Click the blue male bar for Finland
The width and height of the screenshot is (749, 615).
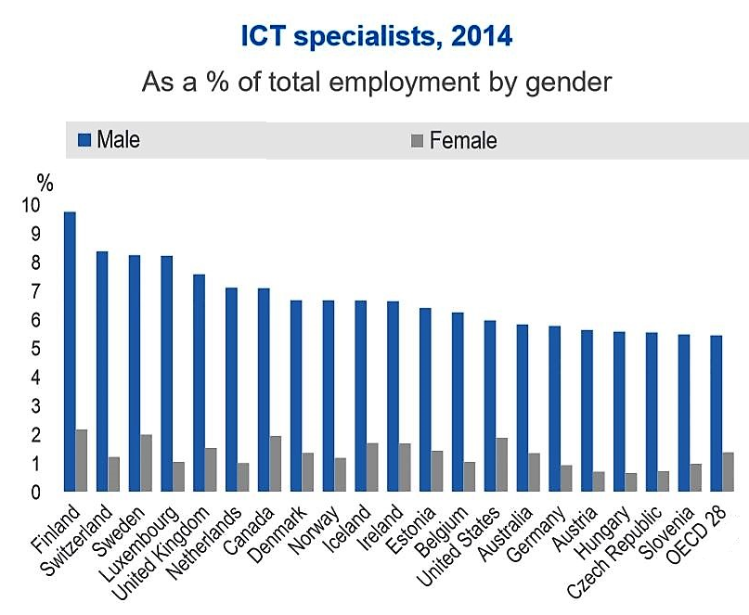point(70,352)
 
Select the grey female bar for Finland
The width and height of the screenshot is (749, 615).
point(82,461)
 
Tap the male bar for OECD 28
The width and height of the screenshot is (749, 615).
point(716,414)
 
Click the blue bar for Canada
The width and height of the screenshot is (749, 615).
point(263,390)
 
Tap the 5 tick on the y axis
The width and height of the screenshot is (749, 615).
point(34,349)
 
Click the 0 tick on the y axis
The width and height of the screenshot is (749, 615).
point(34,492)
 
